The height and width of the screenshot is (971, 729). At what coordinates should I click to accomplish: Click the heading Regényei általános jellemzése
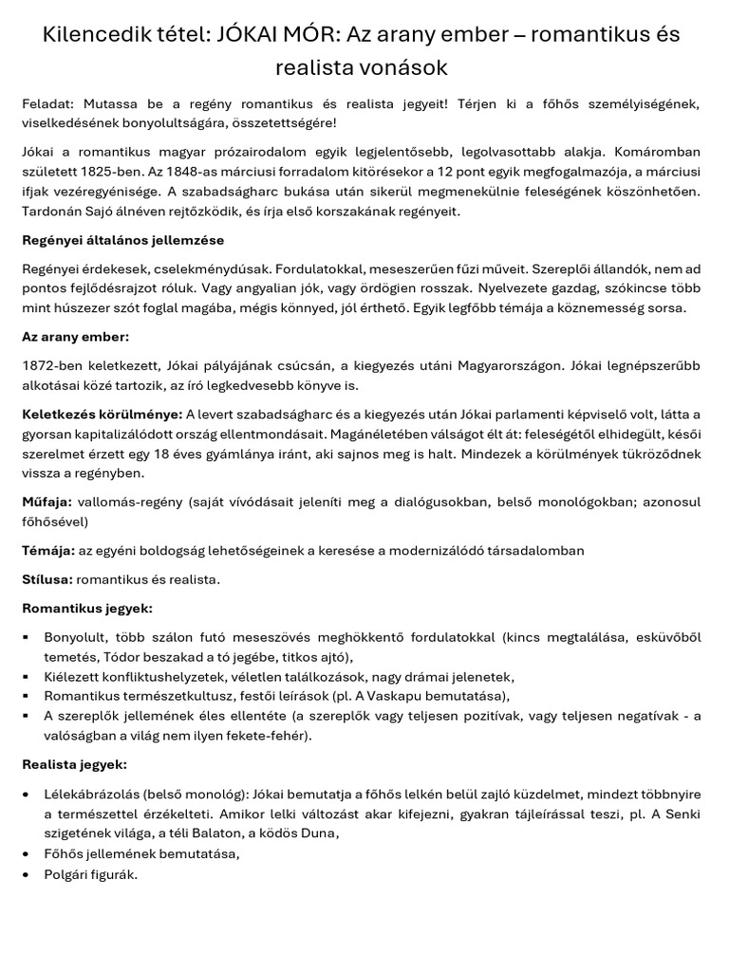pos(122,240)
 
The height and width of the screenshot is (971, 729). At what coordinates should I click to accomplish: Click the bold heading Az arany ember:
pos(75,337)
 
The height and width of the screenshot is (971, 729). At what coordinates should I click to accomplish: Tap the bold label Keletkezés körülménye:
pos(102,414)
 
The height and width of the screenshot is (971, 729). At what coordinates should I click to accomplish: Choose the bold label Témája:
pos(48,550)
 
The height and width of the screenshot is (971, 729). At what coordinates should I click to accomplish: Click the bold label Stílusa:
pos(47,578)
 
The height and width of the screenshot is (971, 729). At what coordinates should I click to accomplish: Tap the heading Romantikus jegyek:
pos(86,607)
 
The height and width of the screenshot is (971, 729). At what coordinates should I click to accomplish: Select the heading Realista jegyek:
pos(74,763)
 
